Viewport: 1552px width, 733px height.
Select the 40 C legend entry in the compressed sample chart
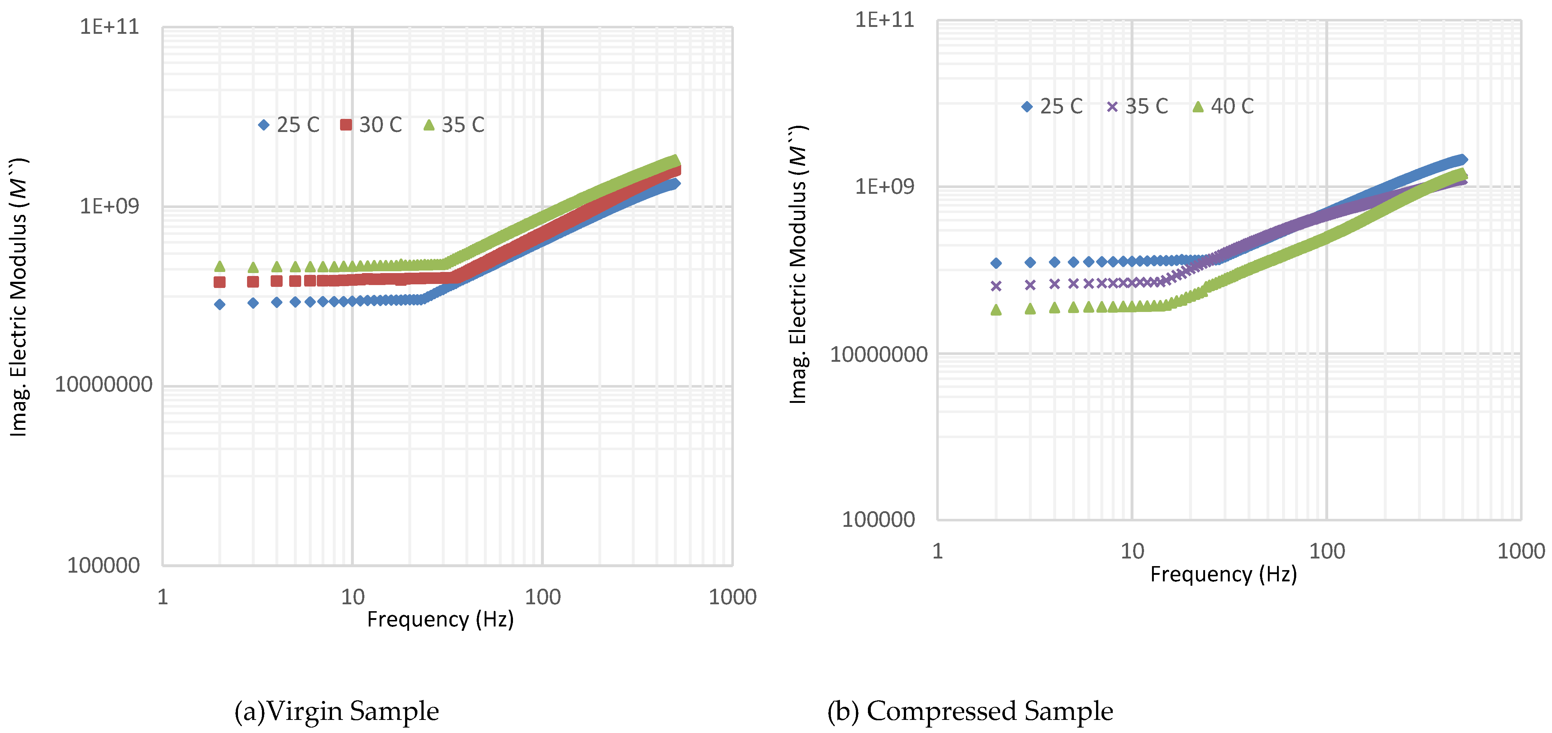point(1223,106)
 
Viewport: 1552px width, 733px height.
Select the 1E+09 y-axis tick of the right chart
point(884,186)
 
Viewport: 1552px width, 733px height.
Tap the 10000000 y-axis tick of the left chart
point(103,385)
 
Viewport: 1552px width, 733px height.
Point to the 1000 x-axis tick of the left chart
point(732,597)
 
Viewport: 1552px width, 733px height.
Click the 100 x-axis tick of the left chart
point(542,597)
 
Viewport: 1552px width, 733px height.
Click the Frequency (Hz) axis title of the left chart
point(440,619)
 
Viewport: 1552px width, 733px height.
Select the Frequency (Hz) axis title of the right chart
point(1223,574)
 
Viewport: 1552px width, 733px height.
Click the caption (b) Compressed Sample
point(970,711)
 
